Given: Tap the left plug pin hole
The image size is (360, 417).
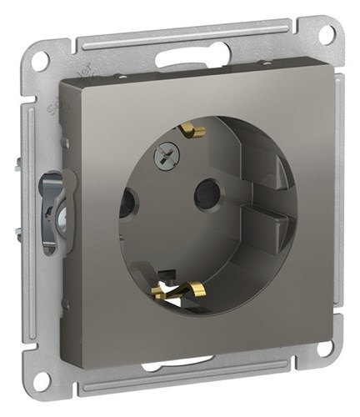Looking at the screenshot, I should point(127,203).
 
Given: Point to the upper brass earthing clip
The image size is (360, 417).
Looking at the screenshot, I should point(194,132).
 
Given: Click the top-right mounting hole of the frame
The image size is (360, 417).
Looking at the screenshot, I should point(328,35).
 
